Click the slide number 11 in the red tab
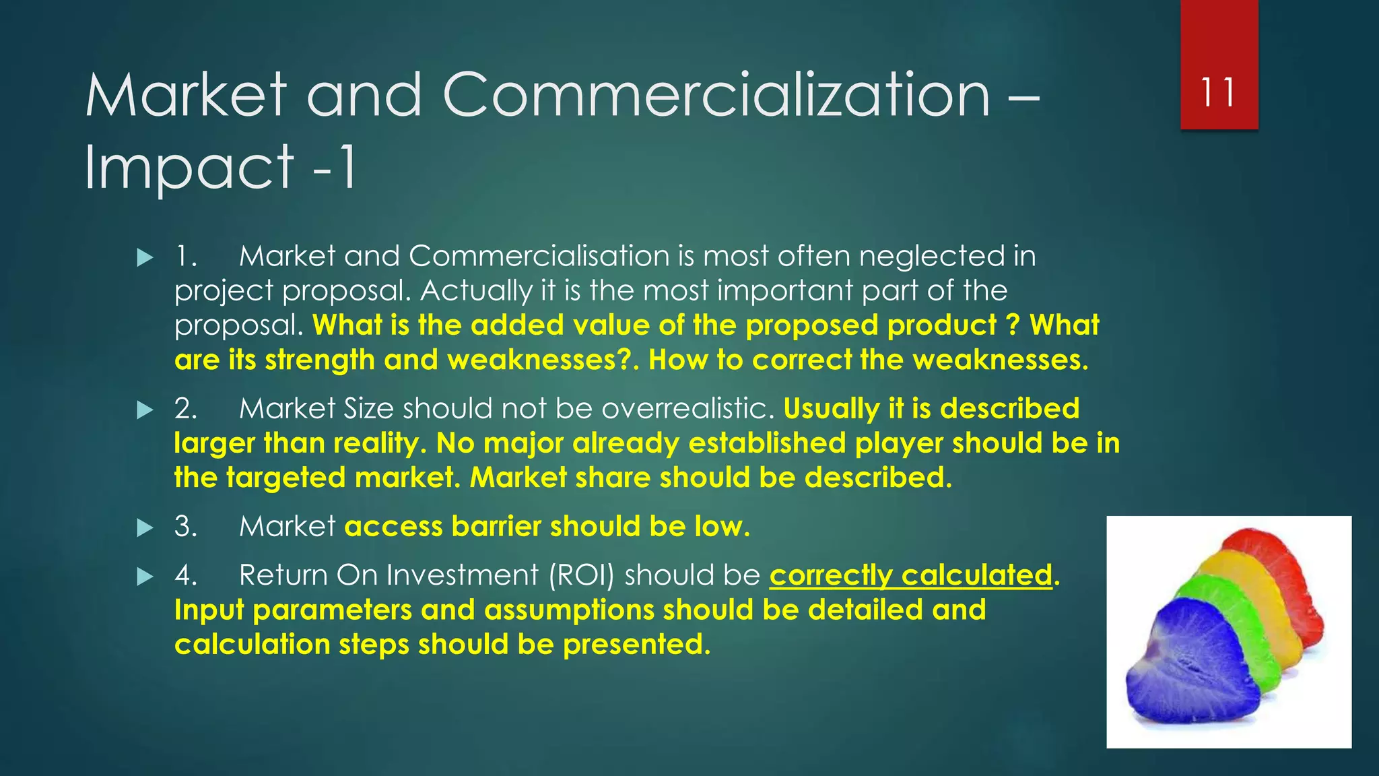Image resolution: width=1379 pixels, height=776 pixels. tap(1218, 93)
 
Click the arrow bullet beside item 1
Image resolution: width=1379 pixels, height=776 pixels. tap(145, 257)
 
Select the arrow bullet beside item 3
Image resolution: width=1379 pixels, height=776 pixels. tap(145, 527)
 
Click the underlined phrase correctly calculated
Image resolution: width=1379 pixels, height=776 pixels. tap(910, 575)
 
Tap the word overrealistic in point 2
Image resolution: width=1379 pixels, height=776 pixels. tap(687, 409)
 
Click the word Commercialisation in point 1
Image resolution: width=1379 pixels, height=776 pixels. tap(539, 257)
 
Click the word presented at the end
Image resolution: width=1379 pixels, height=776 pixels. tap(636, 645)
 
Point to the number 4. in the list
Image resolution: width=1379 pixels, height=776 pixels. tap(186, 576)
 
